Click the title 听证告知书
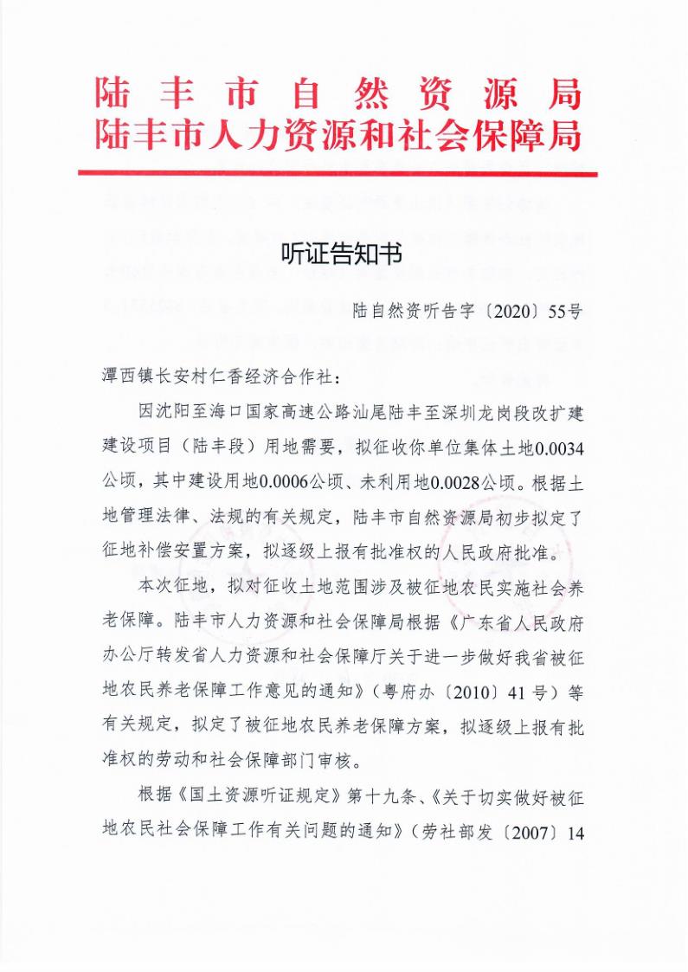pos(342,254)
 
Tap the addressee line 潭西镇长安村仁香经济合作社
pos(221,378)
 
